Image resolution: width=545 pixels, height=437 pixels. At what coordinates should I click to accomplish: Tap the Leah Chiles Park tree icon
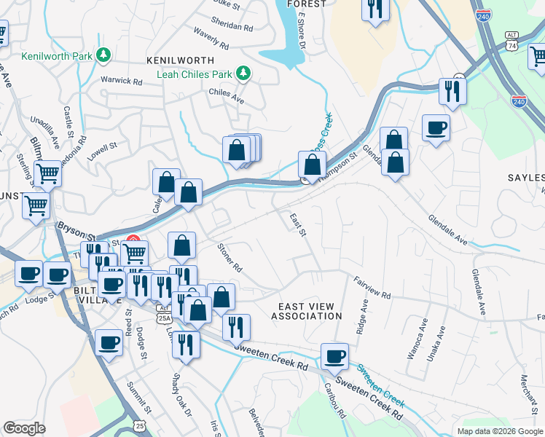pos(243,73)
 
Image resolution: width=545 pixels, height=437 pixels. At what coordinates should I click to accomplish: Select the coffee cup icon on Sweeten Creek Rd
pos(334,356)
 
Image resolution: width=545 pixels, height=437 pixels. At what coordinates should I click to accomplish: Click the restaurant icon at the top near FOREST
pos(376,9)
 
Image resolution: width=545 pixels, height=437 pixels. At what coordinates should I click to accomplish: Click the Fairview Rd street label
pos(372,286)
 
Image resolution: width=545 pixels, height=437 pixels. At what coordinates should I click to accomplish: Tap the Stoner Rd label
pos(230,257)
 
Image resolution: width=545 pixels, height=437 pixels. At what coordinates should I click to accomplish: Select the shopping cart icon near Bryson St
pos(36,205)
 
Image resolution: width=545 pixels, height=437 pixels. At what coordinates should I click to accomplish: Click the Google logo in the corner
pos(24,428)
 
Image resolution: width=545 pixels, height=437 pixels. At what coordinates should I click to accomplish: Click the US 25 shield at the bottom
pos(139,425)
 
